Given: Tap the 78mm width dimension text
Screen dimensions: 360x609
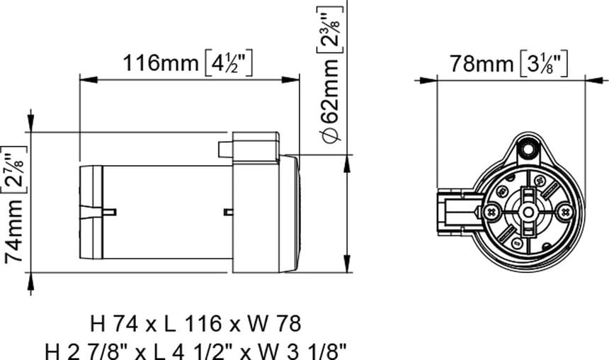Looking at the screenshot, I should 482,64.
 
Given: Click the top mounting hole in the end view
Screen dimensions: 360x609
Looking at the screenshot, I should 526,150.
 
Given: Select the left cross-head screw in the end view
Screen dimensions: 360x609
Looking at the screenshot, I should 492,211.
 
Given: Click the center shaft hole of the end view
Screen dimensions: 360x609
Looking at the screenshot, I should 528,211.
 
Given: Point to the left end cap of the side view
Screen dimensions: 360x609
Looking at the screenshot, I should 90,211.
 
